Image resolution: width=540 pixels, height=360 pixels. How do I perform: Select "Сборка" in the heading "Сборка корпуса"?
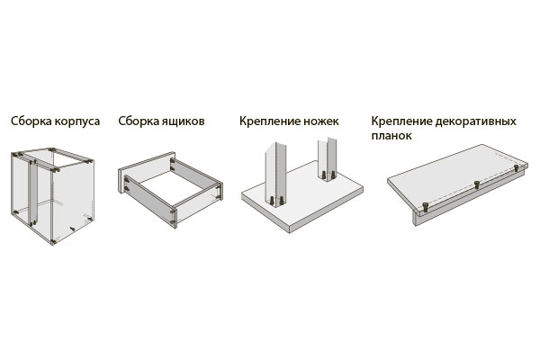[x=31, y=121]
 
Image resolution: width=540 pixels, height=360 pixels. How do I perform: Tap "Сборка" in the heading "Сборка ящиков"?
[x=139, y=121]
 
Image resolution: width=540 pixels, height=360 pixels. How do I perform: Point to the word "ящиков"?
[x=184, y=121]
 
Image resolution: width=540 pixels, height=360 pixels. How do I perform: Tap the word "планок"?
[x=391, y=136]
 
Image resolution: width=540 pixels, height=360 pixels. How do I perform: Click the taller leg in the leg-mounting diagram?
[x=275, y=175]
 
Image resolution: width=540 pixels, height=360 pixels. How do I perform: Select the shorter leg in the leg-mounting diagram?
[x=328, y=159]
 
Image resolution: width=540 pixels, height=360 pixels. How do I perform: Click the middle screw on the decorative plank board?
[x=477, y=184]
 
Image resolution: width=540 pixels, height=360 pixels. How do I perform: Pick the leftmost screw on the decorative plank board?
[x=426, y=207]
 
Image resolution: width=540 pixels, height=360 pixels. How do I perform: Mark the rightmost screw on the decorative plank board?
[x=517, y=168]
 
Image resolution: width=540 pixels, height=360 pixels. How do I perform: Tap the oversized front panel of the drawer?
[x=147, y=172]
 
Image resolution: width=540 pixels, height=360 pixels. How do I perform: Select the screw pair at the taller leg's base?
[x=277, y=201]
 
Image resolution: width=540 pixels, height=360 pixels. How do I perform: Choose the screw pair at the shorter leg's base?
[x=328, y=175]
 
